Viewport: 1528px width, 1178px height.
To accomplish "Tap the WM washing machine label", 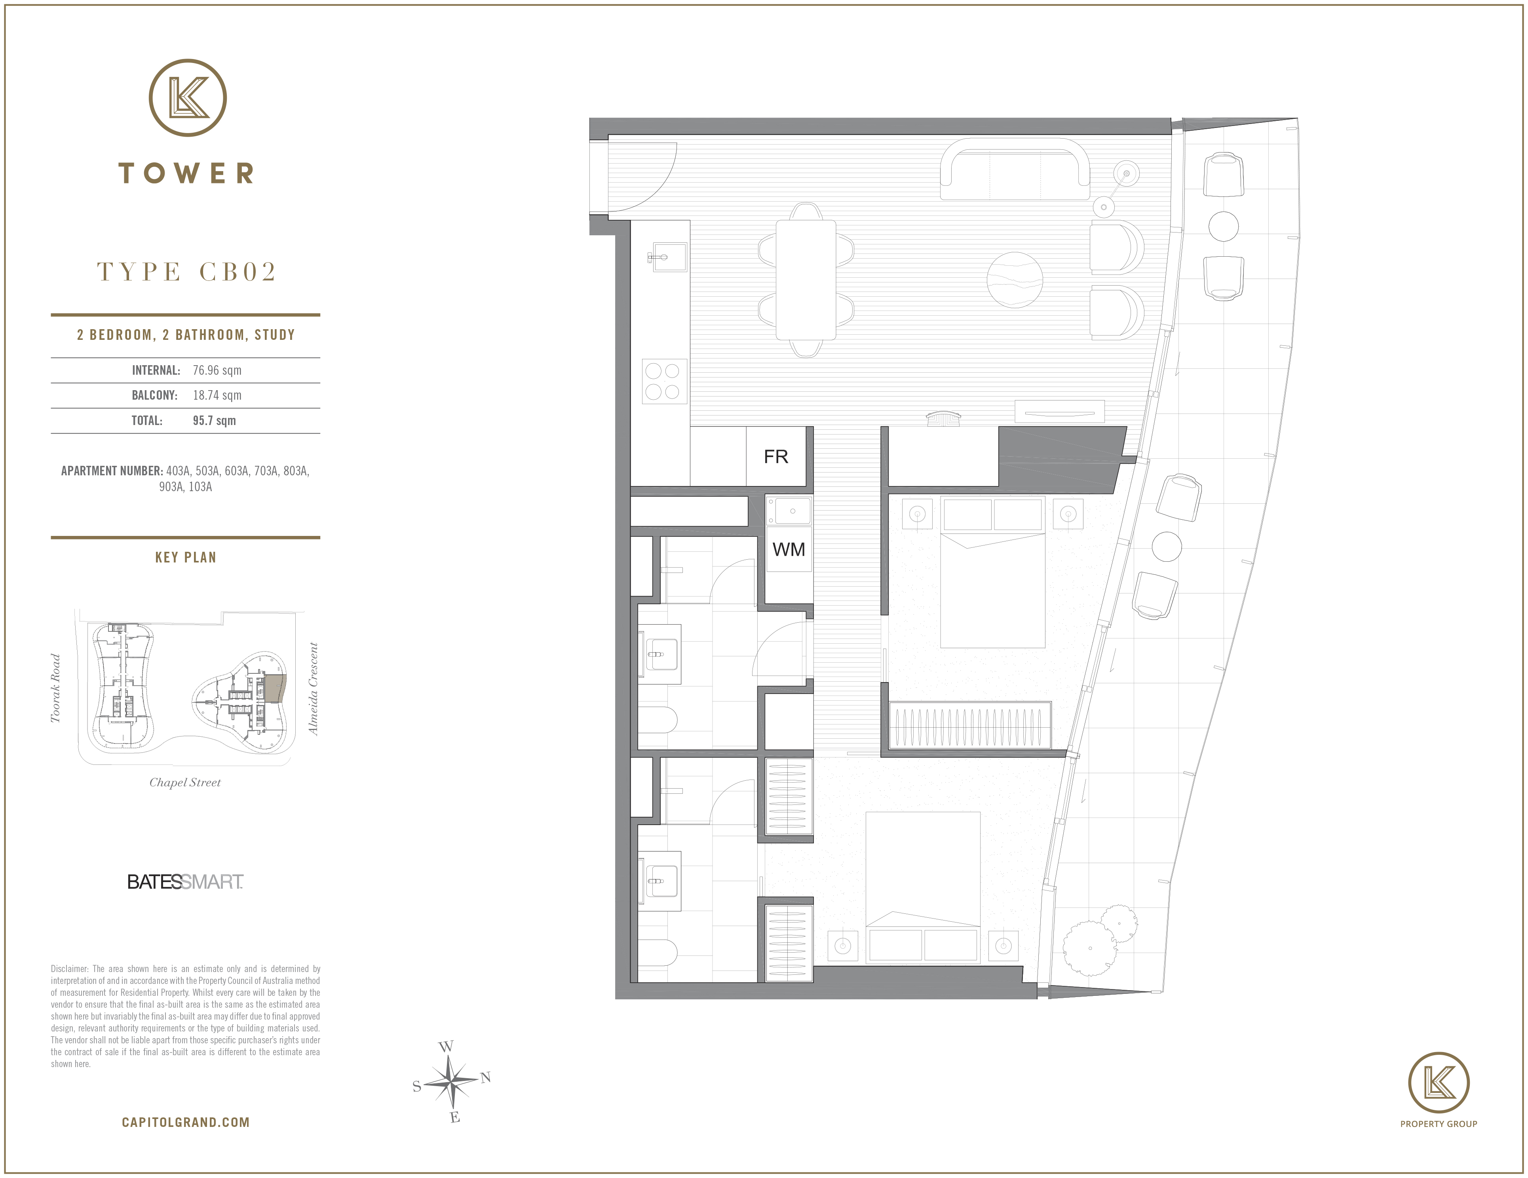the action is pyautogui.click(x=789, y=549).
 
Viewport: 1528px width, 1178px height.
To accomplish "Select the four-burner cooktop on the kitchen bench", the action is pyautogui.click(x=665, y=381).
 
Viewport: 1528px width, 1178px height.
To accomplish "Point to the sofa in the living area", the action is pyautogui.click(x=1015, y=170).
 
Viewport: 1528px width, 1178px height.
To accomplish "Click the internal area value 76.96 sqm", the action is pyautogui.click(x=217, y=370).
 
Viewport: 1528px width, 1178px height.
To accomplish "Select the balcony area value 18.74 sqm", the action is pyautogui.click(x=217, y=395).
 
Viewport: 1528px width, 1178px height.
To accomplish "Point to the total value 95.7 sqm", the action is pyautogui.click(x=214, y=421).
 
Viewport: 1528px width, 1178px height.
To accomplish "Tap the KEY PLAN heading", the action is pyautogui.click(x=185, y=557).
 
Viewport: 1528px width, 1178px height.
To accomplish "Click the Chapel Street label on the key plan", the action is pyautogui.click(x=185, y=783).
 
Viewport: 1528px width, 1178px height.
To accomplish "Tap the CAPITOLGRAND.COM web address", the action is pyautogui.click(x=185, y=1122).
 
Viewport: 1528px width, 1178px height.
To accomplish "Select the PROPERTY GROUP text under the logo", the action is pyautogui.click(x=1439, y=1123).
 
